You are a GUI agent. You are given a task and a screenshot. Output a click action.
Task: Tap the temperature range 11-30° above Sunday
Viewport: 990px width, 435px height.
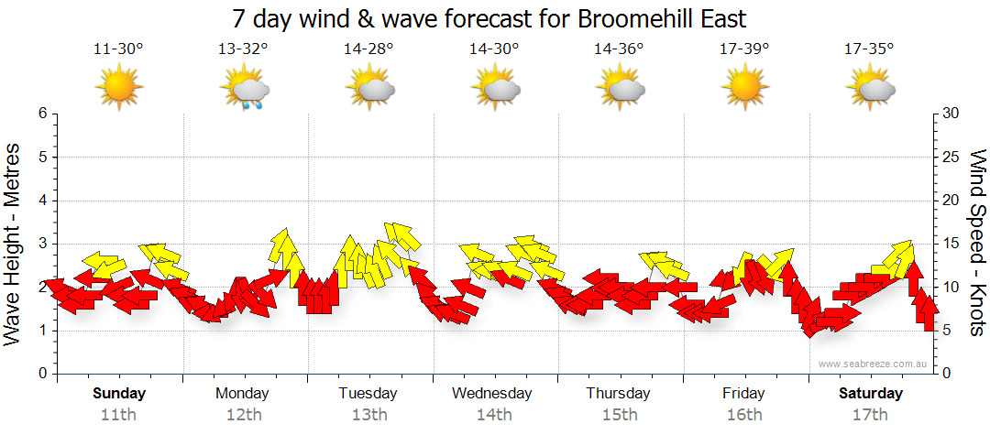pos(119,49)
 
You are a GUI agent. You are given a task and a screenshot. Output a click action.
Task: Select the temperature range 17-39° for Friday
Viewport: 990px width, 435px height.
pos(743,49)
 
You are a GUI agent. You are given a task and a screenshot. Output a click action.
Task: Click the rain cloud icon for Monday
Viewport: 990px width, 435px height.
pos(245,90)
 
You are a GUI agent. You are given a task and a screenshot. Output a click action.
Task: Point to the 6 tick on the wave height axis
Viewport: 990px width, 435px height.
pos(41,114)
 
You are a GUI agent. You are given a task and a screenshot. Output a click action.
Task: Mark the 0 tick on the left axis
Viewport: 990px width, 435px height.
pos(41,374)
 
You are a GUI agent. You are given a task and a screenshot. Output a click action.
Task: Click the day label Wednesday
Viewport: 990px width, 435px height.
pos(492,394)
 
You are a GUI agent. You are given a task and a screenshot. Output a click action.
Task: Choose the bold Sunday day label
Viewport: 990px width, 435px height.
pos(119,394)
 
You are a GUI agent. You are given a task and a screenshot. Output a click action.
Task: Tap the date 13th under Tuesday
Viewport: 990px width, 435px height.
pos(368,414)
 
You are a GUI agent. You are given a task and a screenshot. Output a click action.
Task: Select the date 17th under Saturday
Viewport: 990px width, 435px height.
pos(870,414)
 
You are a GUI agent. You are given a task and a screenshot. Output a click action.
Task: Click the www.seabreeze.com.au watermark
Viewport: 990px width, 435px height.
pos(874,364)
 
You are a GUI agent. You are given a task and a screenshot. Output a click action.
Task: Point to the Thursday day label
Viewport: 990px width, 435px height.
pos(619,394)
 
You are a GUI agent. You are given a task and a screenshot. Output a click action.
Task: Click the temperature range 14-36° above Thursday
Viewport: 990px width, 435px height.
pos(619,49)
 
